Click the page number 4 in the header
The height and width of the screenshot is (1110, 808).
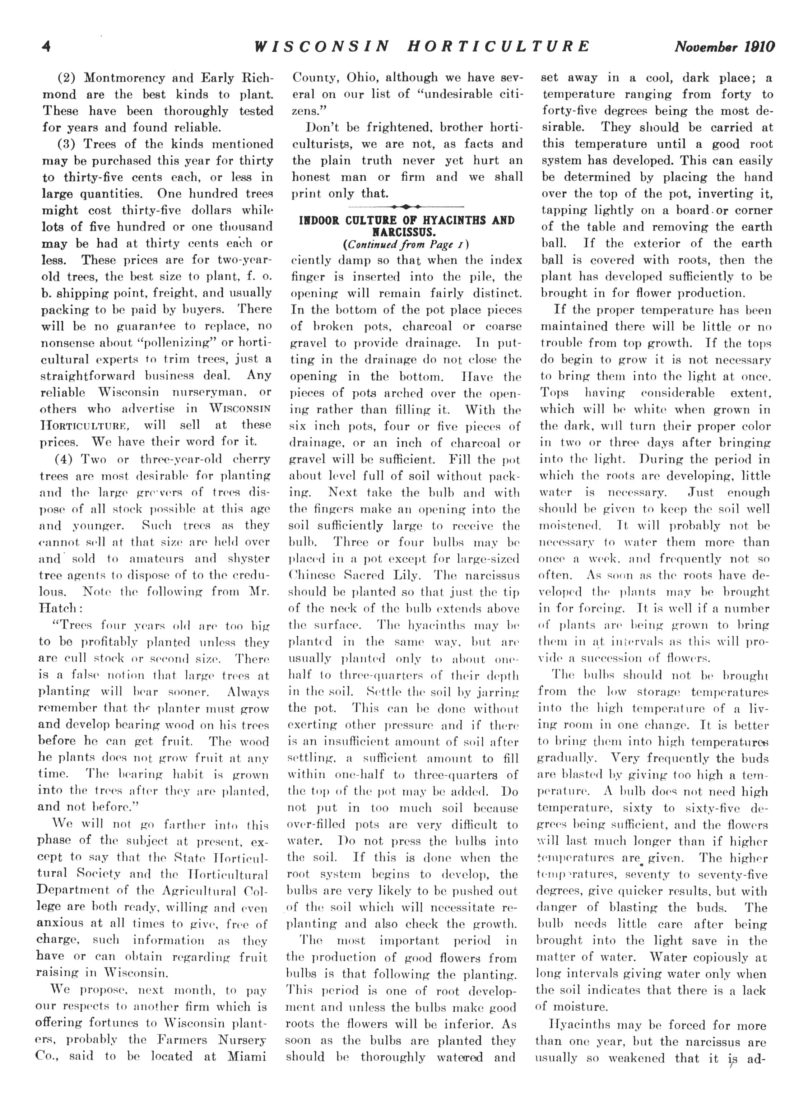click(x=46, y=46)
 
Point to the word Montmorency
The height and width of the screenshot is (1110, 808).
click(x=131, y=78)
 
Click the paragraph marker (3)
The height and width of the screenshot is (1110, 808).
click(x=67, y=144)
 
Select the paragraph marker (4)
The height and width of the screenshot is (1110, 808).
click(x=67, y=459)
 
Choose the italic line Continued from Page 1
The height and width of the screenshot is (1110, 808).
click(x=407, y=243)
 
